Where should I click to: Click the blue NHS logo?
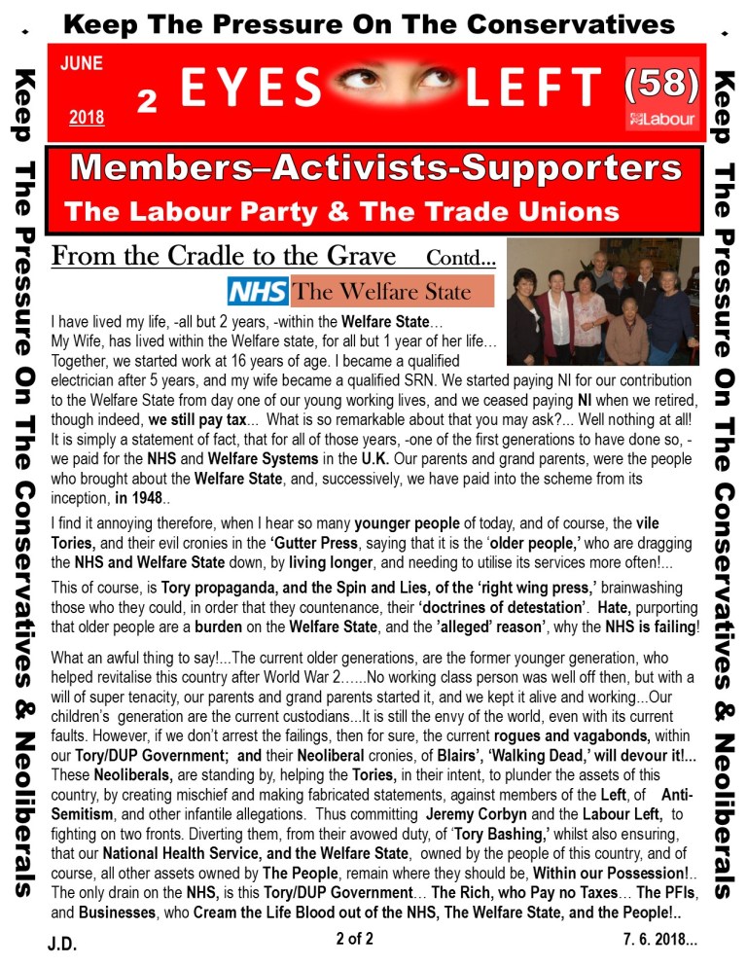tap(257, 291)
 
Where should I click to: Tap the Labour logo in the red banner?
tap(662, 120)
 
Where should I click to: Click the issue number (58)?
tap(661, 87)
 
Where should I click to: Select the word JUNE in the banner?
tap(81, 64)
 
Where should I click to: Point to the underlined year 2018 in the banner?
tap(87, 119)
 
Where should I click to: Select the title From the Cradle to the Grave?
tap(224, 257)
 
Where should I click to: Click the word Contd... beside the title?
tap(461, 260)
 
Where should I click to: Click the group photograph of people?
tap(602, 301)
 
